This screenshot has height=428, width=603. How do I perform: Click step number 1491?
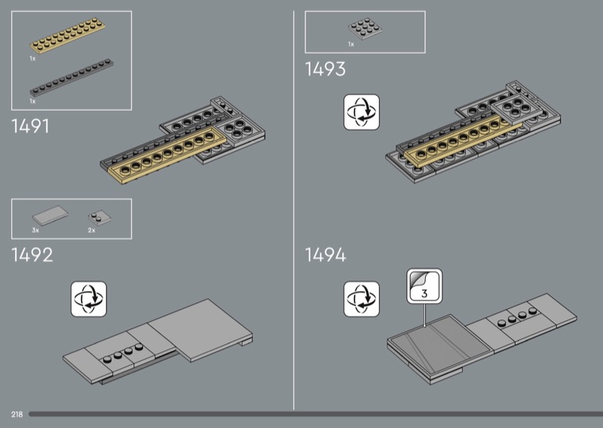point(31,127)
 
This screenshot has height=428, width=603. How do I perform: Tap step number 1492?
point(32,255)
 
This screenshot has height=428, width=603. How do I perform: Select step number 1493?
point(325,69)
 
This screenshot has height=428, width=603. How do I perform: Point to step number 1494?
point(325,255)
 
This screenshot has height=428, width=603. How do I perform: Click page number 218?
point(17,414)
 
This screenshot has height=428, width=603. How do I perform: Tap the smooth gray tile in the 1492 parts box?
point(49,216)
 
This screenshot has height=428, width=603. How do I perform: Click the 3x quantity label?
point(35,229)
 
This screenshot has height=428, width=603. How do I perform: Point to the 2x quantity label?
point(91,229)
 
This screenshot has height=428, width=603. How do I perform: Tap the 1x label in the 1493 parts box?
point(350,44)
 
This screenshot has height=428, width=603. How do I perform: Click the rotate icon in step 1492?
point(89,299)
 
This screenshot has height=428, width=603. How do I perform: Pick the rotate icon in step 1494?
point(361,299)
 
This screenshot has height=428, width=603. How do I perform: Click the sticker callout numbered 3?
point(424,286)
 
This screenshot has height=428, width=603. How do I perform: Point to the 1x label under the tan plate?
point(32,57)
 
